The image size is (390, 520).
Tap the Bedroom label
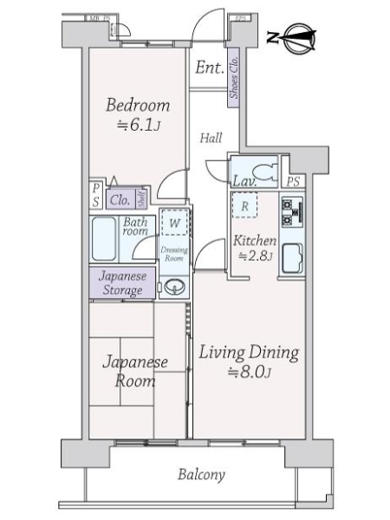point(137,107)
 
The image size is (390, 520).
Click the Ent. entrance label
point(209,68)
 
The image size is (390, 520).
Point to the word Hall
point(210,138)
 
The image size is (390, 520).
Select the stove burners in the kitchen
point(290,210)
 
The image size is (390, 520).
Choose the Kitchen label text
point(254,240)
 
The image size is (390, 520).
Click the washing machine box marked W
point(174,224)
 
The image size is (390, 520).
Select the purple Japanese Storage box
point(121,283)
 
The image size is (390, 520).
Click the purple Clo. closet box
point(120,199)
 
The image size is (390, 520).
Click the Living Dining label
point(250,353)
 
